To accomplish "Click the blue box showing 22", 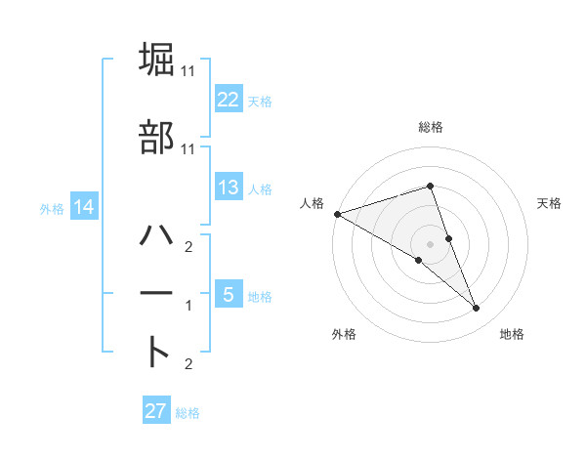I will [228, 100].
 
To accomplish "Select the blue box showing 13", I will [228, 188].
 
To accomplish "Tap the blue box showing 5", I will [228, 296].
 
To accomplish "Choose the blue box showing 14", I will [84, 208].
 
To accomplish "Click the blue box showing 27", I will [155, 411].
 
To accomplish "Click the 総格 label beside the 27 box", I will [188, 412].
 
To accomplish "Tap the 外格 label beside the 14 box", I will [52, 209].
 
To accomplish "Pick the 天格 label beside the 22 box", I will [260, 101].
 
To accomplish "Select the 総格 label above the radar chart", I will [431, 127].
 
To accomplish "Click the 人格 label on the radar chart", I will [312, 202].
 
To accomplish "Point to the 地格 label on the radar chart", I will [512, 334].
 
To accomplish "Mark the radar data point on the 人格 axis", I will [337, 213].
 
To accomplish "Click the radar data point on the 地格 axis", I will [476, 309].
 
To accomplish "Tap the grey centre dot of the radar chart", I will [430, 243].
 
